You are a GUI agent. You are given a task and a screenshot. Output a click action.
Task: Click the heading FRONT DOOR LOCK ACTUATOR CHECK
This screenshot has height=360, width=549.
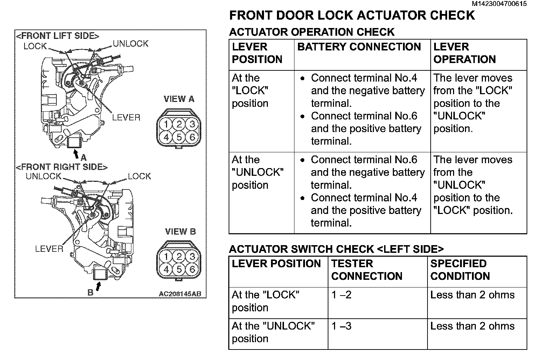pos(352,15)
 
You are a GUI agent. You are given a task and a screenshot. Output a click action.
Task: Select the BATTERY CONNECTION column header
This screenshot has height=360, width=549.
pos(359,47)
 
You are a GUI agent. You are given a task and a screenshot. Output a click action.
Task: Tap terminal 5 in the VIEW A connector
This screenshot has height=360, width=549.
pos(179,137)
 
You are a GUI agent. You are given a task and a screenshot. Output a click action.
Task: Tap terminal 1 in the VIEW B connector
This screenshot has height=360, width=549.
pos(166,257)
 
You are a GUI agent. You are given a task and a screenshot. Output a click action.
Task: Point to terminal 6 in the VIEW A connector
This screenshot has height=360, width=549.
pos(192,137)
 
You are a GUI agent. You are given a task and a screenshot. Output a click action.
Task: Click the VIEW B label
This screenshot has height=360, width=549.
pos(180,231)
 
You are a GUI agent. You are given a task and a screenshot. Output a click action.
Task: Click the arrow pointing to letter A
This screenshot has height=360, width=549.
pos(76,153)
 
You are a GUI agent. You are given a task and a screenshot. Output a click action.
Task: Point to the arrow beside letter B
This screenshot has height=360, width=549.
pos(99,287)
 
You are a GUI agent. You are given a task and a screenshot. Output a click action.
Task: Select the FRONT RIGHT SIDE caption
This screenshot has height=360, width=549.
pos(62,167)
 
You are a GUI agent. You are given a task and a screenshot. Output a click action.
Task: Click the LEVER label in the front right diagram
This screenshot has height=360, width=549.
pos(49,249)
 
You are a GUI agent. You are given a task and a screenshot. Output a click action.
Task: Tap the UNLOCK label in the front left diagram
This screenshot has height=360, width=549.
pos(131,44)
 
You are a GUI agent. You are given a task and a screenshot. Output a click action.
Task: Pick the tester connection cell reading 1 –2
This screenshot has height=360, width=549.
pos(341,295)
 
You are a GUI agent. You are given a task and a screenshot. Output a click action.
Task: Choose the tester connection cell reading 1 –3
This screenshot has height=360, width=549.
pos(341,326)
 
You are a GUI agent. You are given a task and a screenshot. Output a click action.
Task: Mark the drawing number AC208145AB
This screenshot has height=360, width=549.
pos(180,294)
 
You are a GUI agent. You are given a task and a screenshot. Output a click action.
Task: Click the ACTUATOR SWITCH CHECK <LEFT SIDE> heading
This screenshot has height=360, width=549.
pos(336,249)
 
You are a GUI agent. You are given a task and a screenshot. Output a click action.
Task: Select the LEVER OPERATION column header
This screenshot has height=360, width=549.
pos(464,53)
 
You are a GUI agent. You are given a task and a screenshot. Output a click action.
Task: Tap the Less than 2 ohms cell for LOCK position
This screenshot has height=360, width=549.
pos(472,295)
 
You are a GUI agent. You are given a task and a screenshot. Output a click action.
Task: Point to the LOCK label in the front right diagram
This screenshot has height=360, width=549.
pos(139,176)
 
